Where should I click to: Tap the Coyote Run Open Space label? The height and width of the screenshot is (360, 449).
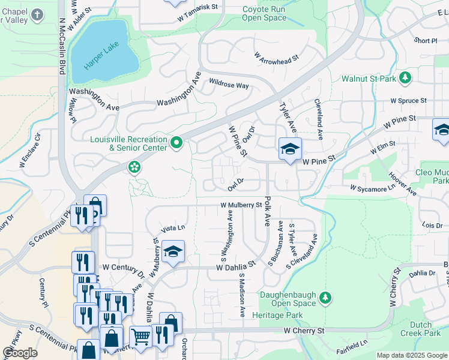click(x=264, y=13)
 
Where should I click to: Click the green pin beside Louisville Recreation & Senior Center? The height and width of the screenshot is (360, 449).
click(x=176, y=143)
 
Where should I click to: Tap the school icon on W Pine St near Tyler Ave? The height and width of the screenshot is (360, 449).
click(x=289, y=148)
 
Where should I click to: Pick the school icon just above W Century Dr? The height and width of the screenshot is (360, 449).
click(x=173, y=251)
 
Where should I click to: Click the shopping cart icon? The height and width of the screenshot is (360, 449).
click(x=140, y=337)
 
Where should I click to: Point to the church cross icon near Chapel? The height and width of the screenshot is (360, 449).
click(x=37, y=14)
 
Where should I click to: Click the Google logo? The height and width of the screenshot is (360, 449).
click(x=20, y=353)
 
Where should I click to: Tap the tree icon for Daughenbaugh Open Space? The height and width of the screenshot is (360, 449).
click(x=325, y=298)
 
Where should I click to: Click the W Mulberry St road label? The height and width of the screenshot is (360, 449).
click(x=241, y=205)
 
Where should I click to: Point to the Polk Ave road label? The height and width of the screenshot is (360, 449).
click(x=267, y=210)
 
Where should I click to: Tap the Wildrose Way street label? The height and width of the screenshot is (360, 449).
click(x=229, y=85)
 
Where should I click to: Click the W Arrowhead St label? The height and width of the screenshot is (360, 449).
click(x=277, y=58)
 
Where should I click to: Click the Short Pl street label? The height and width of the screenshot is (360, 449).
click(x=426, y=41)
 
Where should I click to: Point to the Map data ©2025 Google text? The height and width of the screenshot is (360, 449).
click(x=411, y=355)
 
